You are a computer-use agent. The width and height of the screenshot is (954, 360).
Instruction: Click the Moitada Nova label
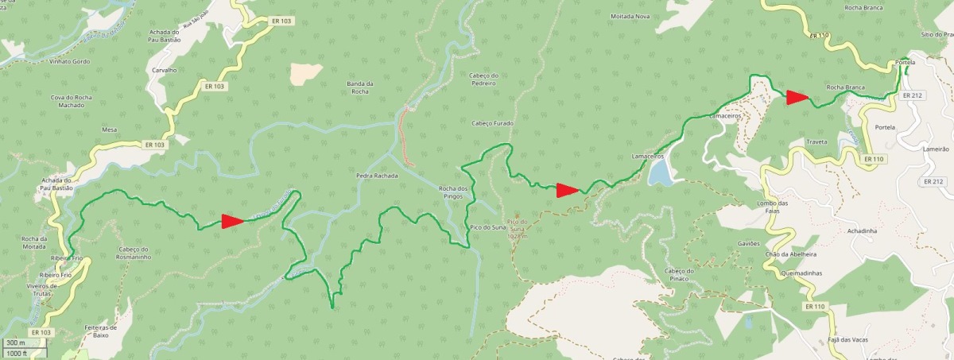point(630,16)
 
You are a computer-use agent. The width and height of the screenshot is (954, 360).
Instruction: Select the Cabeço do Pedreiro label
point(483,78)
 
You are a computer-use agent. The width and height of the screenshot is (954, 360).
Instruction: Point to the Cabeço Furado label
point(493,123)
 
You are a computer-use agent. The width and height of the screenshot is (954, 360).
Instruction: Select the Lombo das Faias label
point(783,207)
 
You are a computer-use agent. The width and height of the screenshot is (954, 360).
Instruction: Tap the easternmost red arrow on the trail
point(797,98)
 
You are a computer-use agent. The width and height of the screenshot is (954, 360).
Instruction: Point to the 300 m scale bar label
point(16,343)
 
